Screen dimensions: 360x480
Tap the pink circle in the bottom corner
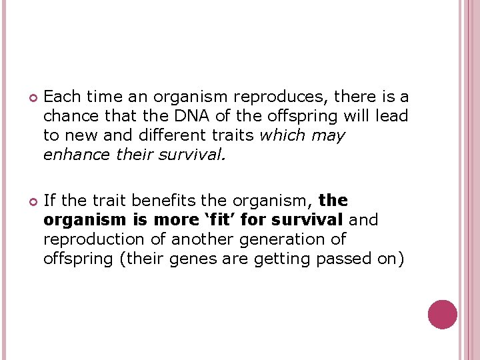pyautogui.click(x=442, y=315)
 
